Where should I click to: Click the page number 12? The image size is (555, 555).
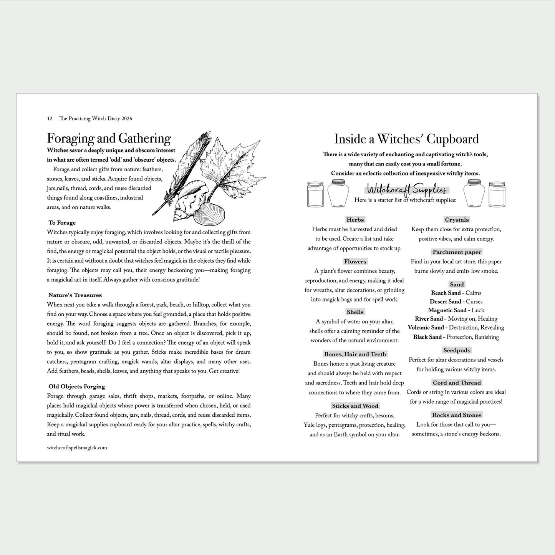tap(50, 119)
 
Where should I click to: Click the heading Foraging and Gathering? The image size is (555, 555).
tap(109, 139)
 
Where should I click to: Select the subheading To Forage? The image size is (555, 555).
tap(62, 223)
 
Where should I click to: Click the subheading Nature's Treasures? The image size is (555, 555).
tap(75, 295)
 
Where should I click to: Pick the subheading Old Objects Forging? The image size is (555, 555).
tap(77, 387)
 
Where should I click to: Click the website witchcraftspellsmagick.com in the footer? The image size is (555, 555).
tap(77, 447)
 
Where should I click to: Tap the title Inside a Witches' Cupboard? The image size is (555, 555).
tap(406, 139)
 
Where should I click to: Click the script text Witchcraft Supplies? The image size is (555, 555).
tap(406, 189)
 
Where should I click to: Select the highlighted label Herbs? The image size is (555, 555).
tap(355, 220)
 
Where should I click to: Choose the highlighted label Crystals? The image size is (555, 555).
tap(457, 220)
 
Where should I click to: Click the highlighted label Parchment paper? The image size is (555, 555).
tap(457, 252)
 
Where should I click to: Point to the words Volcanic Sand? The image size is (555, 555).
tap(426, 328)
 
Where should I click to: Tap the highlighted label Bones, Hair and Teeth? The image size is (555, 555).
tap(355, 354)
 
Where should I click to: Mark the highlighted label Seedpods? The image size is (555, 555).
tap(457, 350)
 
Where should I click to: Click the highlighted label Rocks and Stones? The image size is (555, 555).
tap(457, 415)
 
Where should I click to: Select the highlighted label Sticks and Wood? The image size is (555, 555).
tap(355, 406)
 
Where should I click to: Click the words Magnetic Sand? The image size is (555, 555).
tap(447, 310)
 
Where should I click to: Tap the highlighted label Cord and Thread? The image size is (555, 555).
tap(457, 383)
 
